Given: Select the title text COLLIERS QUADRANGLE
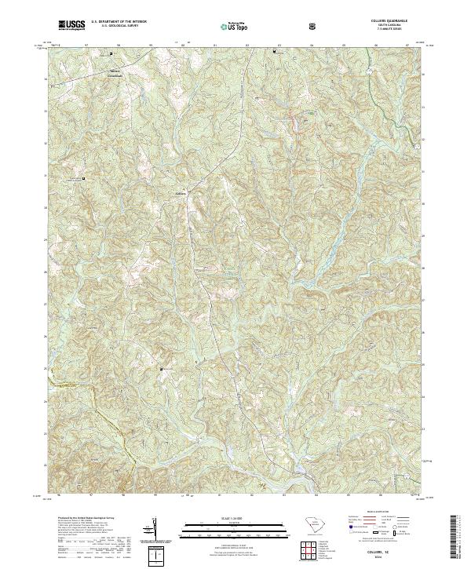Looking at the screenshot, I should (394, 21).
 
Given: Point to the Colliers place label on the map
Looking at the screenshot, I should (180, 191).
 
